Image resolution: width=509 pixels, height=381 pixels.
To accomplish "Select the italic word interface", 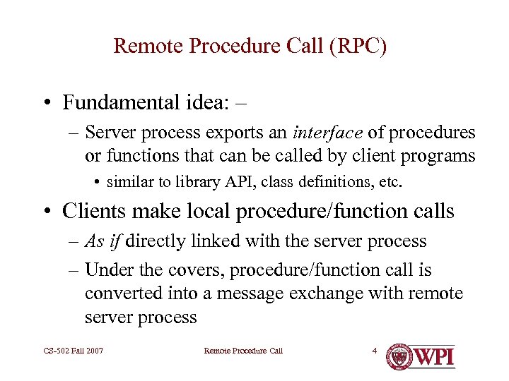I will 328,133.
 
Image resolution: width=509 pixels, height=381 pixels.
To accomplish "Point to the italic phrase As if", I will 104,241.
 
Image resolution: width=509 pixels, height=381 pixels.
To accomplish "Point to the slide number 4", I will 375,351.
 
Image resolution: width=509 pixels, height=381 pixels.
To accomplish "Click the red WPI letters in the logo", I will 433,356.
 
